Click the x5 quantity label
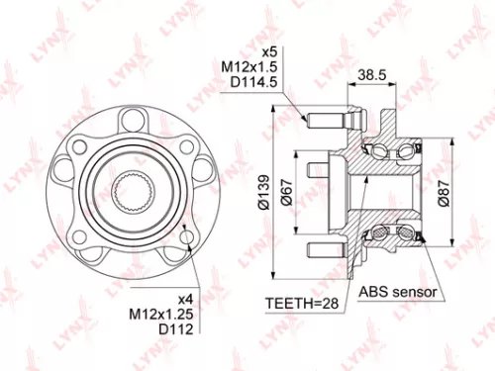coord(266,50)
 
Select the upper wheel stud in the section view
coord(326,123)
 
